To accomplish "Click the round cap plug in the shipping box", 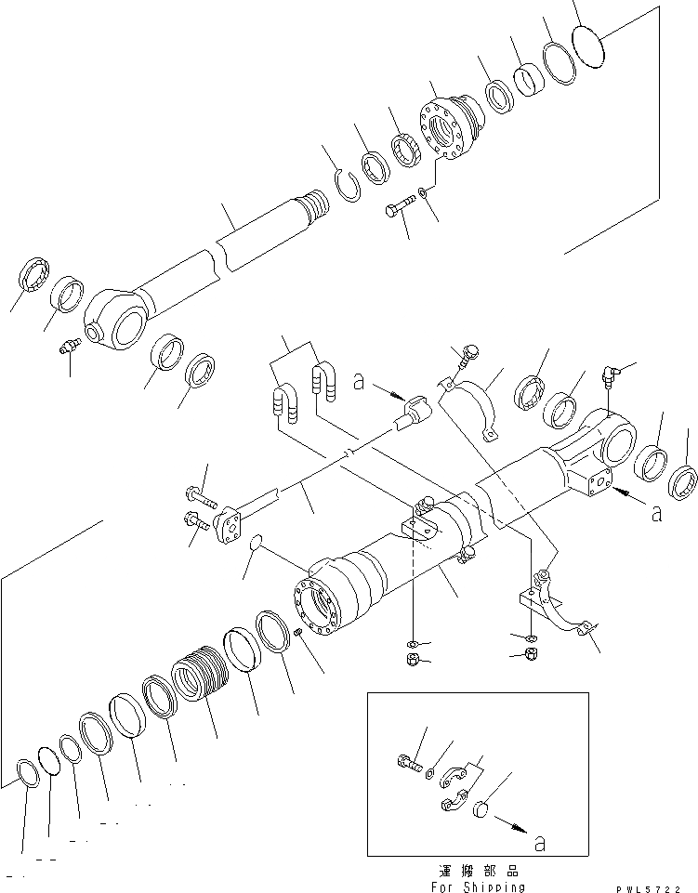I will (x=481, y=808).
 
